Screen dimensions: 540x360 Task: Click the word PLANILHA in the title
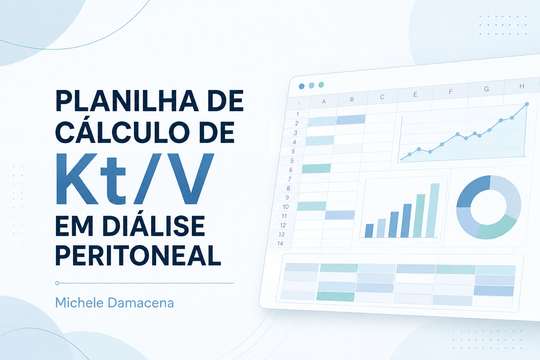click(127, 101)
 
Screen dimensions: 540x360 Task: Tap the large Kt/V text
click(135, 179)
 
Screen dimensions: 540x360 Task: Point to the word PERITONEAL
click(138, 255)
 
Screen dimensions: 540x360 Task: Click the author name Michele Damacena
click(115, 303)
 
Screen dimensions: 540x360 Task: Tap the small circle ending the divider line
click(57, 283)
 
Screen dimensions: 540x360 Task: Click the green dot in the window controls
click(321, 85)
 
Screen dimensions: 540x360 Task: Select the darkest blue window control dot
click(301, 86)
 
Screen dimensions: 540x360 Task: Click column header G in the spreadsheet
click(487, 89)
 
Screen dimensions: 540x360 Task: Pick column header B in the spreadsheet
click(352, 99)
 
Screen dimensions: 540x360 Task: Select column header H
click(522, 86)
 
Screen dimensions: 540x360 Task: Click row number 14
click(280, 244)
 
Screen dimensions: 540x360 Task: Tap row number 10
click(286, 207)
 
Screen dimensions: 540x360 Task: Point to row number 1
click(298, 114)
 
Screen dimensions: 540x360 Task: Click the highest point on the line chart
click(527, 104)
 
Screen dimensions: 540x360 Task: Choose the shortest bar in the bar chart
click(369, 231)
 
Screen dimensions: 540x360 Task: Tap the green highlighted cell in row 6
click(316, 168)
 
